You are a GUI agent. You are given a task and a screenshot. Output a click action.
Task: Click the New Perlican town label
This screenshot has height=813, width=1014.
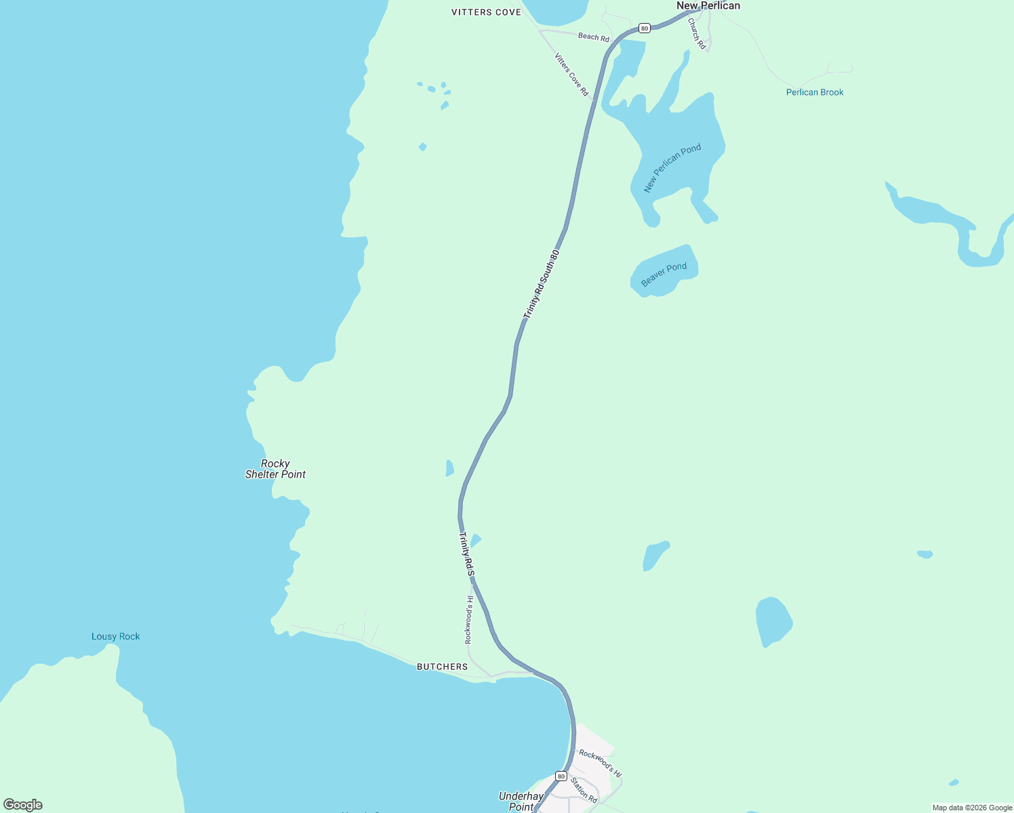708,6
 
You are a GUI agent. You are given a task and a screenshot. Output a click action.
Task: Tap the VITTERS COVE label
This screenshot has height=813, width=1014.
487,12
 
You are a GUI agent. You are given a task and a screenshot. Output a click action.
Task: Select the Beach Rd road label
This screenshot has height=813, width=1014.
593,37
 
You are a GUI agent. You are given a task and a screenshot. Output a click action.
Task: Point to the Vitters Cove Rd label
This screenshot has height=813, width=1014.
571,75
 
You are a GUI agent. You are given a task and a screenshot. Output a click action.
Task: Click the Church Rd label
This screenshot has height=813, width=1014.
697,33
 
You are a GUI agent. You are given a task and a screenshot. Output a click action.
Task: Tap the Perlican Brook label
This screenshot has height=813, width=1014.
815,92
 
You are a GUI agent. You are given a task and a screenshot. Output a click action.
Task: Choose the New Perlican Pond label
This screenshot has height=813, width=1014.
672,168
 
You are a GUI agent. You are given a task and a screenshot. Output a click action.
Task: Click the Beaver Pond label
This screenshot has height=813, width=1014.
664,274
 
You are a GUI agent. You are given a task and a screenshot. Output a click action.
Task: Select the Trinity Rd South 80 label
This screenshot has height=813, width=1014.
541,285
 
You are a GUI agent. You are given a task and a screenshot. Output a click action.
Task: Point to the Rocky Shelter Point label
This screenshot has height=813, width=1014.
275,469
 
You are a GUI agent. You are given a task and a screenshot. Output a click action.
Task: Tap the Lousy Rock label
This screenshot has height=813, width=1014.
116,636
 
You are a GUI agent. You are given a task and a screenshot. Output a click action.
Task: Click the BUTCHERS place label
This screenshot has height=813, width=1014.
442,667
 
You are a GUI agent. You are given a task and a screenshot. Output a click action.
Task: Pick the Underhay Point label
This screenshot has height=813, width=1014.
521,801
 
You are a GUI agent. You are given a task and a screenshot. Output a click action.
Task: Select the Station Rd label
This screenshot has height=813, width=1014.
583,790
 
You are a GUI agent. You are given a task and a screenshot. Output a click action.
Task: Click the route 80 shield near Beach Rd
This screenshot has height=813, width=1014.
644,28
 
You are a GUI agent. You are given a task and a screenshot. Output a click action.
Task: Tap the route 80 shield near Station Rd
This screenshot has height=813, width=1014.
561,776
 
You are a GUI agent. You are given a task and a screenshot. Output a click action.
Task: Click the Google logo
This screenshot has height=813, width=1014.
23,805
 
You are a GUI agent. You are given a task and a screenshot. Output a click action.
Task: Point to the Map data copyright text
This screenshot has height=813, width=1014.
972,808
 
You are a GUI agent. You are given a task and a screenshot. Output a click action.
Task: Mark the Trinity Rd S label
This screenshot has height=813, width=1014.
466,554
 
